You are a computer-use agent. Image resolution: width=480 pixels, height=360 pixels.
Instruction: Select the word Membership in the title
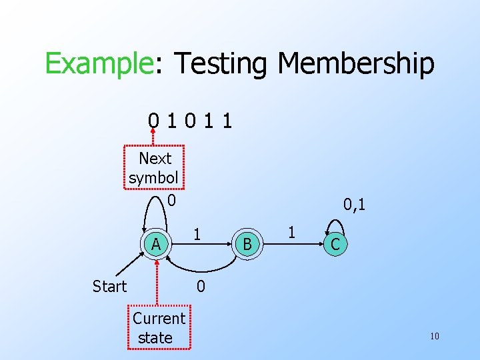point(356,64)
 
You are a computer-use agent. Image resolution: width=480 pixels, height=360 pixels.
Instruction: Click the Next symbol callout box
point(155,169)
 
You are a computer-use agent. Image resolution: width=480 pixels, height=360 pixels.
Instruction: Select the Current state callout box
point(159,327)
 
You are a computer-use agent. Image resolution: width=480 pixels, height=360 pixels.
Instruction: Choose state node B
point(247,244)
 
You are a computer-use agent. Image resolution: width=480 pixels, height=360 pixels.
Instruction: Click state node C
point(335,244)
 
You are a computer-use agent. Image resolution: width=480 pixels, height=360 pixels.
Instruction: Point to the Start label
point(109,286)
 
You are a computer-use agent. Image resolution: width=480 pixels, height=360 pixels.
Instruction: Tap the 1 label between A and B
point(197,234)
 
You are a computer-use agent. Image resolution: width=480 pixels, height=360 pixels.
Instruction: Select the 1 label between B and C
point(291,232)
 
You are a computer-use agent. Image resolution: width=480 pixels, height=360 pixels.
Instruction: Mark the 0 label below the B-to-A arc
point(200,287)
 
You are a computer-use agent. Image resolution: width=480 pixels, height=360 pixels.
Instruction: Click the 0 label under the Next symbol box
point(171,199)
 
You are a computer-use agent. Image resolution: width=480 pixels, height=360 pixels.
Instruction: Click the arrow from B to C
point(293,244)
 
